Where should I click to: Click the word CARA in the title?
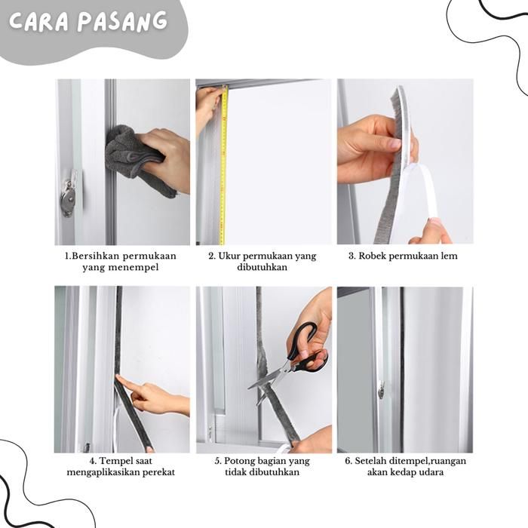click(38, 22)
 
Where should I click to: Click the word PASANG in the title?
click(122, 21)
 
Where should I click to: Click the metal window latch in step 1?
click(69, 195)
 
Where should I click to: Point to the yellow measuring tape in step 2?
click(223, 165)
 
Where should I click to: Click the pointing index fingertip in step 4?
click(118, 378)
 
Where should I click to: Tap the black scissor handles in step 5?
click(307, 348)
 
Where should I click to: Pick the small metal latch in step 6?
click(381, 390)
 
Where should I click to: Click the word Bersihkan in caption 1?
click(96, 256)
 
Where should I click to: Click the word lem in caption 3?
click(450, 256)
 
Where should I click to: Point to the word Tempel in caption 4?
click(115, 461)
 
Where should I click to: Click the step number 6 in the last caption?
click(348, 461)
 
